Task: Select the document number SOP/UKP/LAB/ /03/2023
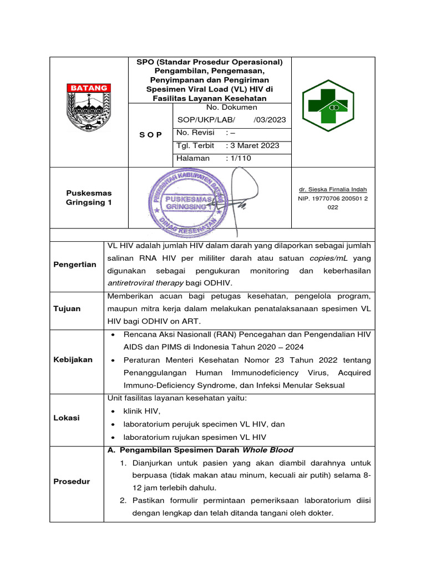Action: (231, 119)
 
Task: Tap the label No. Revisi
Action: (195, 133)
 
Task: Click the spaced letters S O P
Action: (150, 134)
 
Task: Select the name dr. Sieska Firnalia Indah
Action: (333, 189)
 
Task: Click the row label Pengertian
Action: (75, 265)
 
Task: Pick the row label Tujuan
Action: (67, 308)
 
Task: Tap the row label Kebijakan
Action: (73, 359)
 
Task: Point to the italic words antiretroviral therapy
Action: (145, 283)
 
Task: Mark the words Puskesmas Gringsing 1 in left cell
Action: (89, 198)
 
